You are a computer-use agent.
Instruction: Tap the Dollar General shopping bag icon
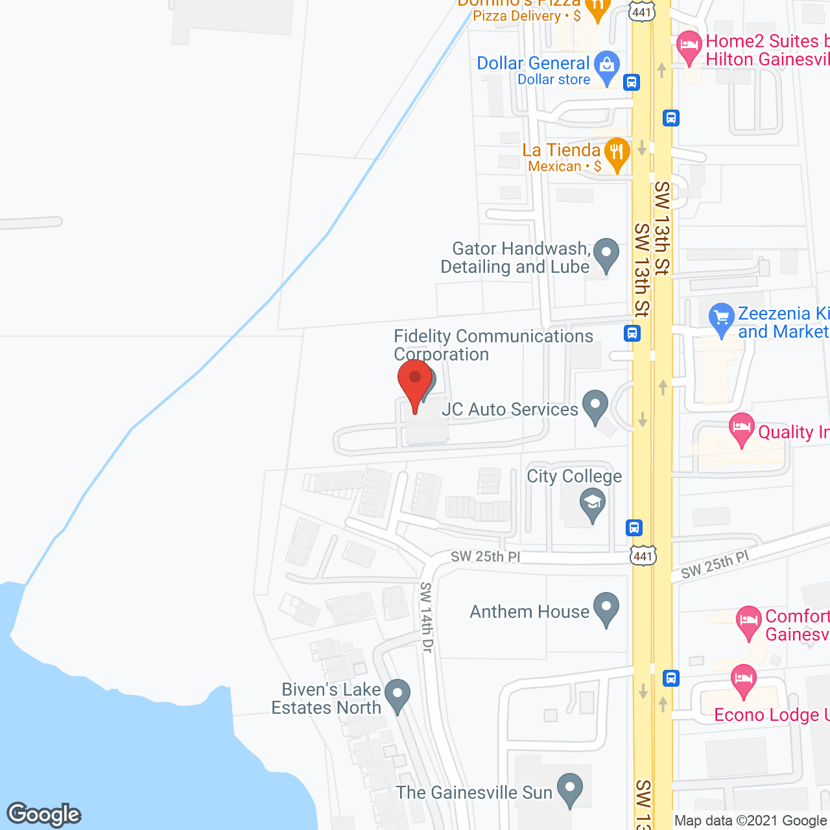[x=607, y=67]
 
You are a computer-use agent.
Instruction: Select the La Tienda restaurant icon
[x=617, y=154]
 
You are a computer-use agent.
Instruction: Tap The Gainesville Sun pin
[x=570, y=789]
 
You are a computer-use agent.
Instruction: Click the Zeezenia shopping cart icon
[x=721, y=318]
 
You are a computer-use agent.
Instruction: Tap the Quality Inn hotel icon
[x=742, y=429]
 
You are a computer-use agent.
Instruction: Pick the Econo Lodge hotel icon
[x=743, y=680]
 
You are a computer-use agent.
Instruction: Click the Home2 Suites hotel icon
[x=689, y=47]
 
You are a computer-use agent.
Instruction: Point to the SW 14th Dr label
[x=426, y=617]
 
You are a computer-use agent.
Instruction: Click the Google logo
[x=44, y=814]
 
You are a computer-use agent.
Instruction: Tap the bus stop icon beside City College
[x=634, y=527]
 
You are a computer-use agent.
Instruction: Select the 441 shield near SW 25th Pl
[x=643, y=556]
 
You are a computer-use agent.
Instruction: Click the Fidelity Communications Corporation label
[x=493, y=345]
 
